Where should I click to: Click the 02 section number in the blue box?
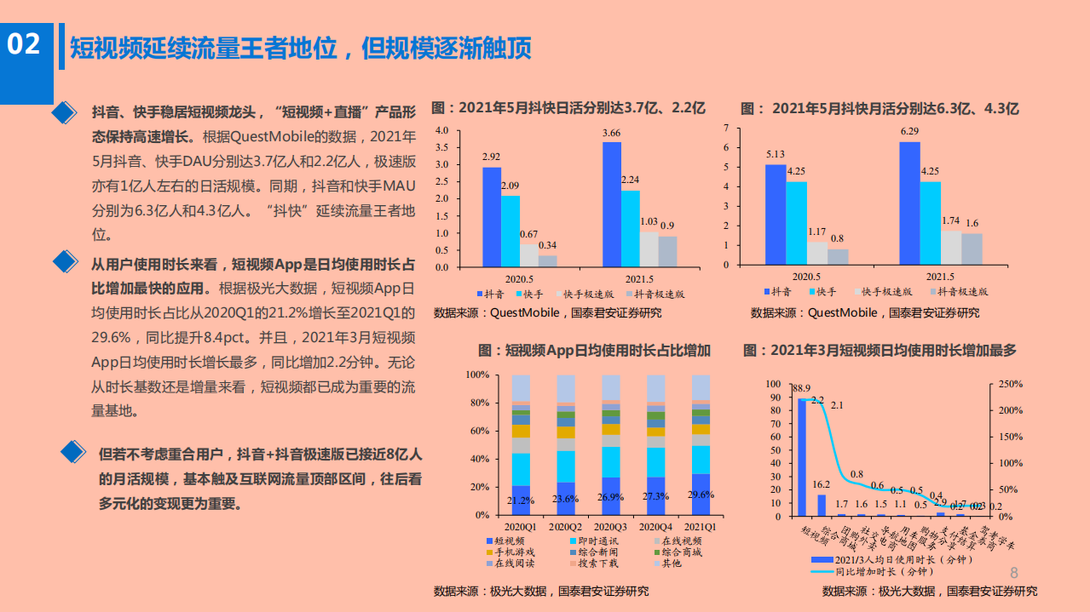pos(24,44)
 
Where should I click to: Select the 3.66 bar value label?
pos(611,134)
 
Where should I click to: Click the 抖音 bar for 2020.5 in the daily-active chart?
pos(491,217)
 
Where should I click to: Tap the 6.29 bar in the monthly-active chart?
pos(909,203)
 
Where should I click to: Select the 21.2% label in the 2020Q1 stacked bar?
pos(522,500)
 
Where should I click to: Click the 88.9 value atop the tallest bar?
pos(800,388)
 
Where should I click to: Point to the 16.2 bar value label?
pos(822,484)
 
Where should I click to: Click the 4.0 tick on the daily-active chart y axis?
pos(441,130)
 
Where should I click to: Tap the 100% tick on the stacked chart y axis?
pos(476,375)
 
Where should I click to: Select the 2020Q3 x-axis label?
pos(611,527)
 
